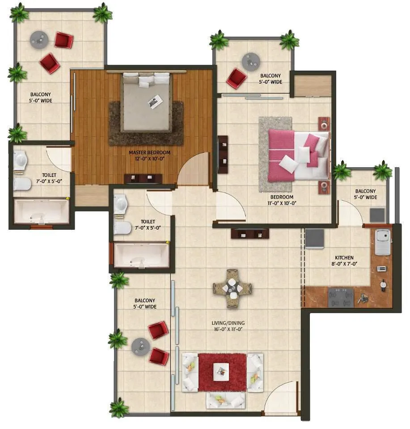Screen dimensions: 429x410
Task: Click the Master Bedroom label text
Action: pos(149,155)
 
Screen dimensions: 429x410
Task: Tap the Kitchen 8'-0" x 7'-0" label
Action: pos(344,261)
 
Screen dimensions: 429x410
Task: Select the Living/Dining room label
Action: pos(228,326)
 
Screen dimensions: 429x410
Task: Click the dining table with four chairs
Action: pos(232,288)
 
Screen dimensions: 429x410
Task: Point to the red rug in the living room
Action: pos(222,372)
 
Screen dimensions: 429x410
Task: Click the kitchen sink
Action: pos(383,242)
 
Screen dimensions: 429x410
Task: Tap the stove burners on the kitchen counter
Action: pos(341,297)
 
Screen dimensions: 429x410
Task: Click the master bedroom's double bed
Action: pos(147,102)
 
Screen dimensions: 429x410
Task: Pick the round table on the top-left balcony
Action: pos(39,40)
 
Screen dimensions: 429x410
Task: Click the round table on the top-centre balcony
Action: pos(250,61)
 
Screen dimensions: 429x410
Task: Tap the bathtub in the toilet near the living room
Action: pos(141,256)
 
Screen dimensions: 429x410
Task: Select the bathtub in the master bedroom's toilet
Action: pos(42,211)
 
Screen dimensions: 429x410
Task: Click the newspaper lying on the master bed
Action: pos(156,102)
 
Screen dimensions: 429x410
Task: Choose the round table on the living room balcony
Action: pos(140,346)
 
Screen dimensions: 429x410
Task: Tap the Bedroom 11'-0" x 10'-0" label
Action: pos(282,200)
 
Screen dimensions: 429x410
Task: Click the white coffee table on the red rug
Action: pos(221,370)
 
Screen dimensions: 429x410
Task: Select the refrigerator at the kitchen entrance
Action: pos(315,238)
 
